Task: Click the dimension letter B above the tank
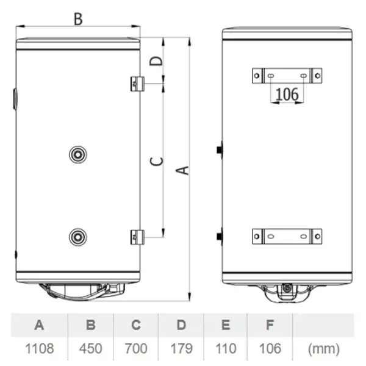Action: pos(78,19)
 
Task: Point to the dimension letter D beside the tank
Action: pos(156,61)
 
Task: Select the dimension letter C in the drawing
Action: pos(156,161)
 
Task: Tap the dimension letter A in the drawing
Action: pos(182,170)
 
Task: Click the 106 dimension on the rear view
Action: pos(287,94)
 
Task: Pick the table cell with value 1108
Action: pos(40,348)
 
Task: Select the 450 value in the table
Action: pos(90,348)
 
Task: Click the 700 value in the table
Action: pos(136,348)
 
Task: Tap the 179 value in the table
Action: pos(181,348)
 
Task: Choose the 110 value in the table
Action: pos(226,348)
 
